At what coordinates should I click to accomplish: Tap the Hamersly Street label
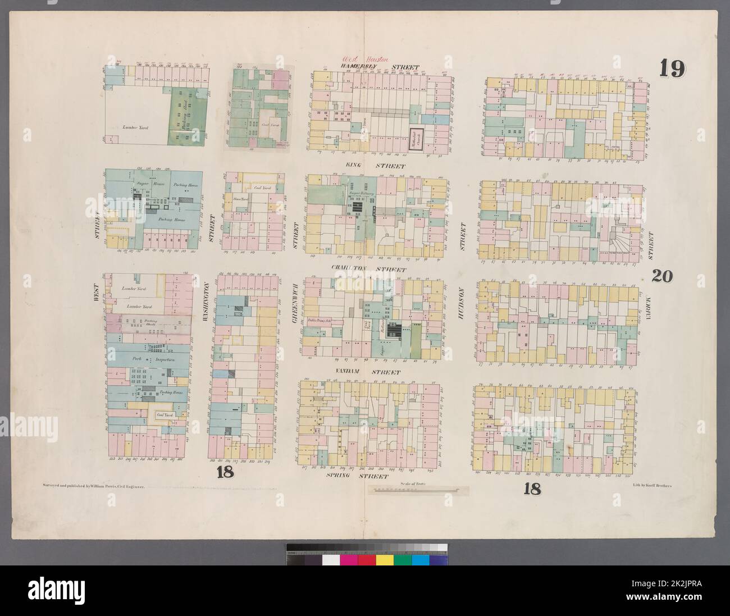[364, 67]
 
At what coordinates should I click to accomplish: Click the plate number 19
[672, 69]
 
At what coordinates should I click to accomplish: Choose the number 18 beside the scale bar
[531, 489]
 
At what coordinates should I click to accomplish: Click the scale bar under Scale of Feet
[414, 490]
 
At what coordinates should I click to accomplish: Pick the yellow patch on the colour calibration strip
[384, 562]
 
